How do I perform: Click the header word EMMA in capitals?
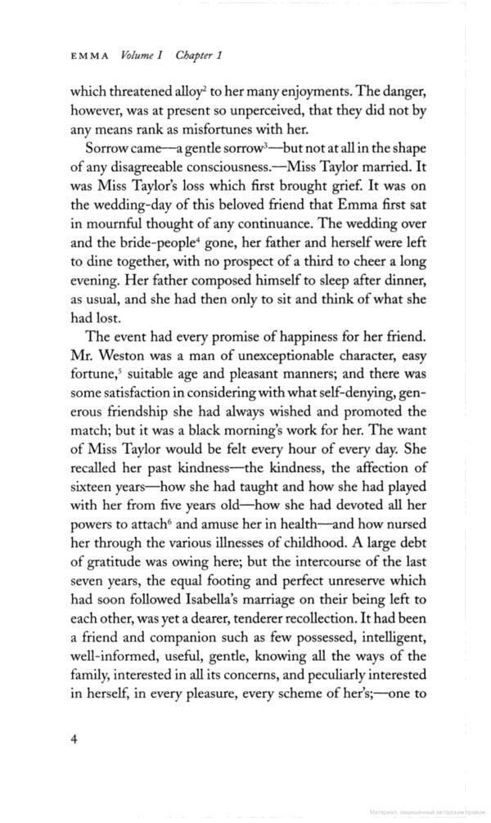pos(90,56)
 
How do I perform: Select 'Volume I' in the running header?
pos(142,56)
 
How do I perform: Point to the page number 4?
pos(74,739)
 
